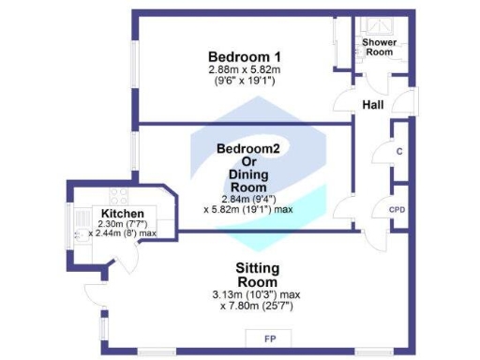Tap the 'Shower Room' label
click(x=379, y=48)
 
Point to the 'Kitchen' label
click(x=122, y=214)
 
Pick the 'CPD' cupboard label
click(x=397, y=211)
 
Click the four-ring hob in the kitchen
click(x=119, y=197)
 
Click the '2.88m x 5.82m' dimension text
click(x=245, y=69)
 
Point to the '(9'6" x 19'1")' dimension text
click(x=245, y=81)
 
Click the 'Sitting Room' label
click(x=257, y=275)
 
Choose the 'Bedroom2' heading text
click(x=247, y=148)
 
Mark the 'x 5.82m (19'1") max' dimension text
click(x=247, y=209)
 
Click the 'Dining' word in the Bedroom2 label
click(x=247, y=172)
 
